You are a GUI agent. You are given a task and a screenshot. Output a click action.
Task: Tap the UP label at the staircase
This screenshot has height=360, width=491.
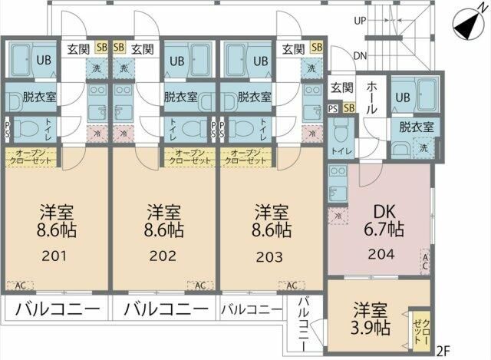click(x=359, y=21)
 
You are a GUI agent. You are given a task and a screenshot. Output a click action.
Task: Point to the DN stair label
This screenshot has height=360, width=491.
click(x=360, y=55)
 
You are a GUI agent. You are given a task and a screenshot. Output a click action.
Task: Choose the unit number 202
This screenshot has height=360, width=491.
click(x=164, y=256)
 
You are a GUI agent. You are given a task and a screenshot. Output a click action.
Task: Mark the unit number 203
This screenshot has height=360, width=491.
click(x=272, y=256)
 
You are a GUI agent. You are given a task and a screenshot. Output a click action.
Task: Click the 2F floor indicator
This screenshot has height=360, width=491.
click(x=443, y=352)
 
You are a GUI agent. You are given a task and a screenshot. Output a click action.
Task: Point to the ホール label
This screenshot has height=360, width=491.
click(x=371, y=98)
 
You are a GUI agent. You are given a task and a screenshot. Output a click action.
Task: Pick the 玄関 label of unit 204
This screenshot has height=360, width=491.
click(x=341, y=88)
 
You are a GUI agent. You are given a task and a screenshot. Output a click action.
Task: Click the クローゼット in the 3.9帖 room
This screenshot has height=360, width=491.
click(x=419, y=326)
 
